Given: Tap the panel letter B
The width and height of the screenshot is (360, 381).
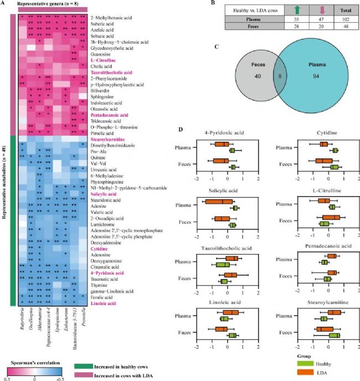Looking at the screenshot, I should tap(198, 4).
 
